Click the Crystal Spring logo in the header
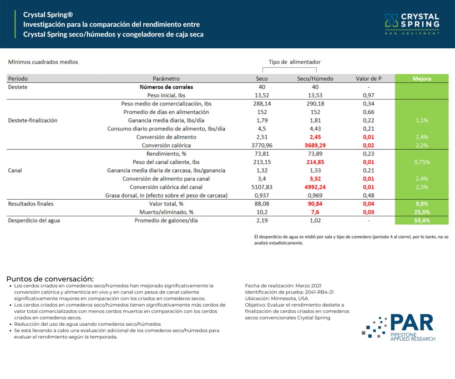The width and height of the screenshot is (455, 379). (412, 24)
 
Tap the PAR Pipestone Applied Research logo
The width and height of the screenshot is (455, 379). (399, 327)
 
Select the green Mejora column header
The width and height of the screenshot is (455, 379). (422, 79)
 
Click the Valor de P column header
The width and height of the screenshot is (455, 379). (369, 79)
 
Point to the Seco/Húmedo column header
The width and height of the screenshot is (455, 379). (315, 79)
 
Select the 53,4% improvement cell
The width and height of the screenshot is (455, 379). (422, 221)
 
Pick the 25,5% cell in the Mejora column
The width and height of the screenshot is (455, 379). (422, 212)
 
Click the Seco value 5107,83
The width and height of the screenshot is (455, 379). (262, 187)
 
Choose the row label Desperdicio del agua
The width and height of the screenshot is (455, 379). (34, 221)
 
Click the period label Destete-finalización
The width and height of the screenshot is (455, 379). (33, 121)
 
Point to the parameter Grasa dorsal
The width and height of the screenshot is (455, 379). (166, 196)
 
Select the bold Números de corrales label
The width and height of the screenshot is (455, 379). (166, 87)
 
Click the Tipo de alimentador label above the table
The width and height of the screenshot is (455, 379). (294, 62)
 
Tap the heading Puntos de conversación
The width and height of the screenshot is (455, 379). (50, 279)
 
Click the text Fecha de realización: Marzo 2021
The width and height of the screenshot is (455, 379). (283, 285)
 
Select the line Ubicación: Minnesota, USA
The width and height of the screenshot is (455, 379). (276, 298)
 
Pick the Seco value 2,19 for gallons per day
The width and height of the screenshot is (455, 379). (262, 221)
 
